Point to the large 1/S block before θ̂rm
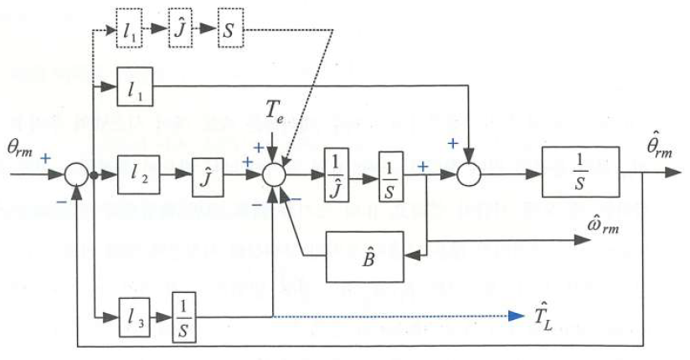point(580,171)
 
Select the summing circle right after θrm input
point(76,176)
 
